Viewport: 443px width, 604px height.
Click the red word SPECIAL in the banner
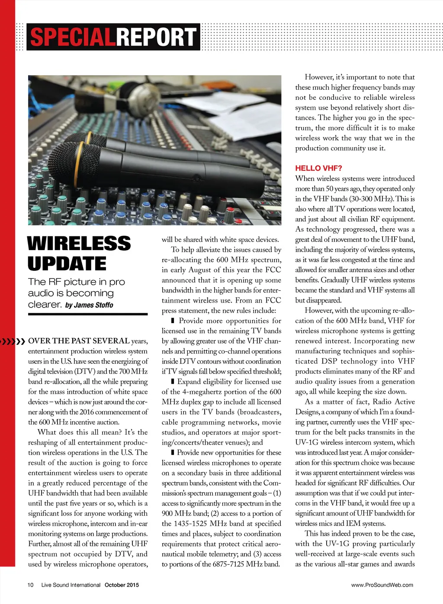pos(72,37)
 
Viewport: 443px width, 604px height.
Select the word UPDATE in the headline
pos(67,264)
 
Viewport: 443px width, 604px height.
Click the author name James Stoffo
pos(93,305)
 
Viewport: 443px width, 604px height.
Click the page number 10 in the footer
pos(30,585)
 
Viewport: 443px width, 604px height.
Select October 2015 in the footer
pos(122,585)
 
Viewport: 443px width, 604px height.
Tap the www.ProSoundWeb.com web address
pos(382,585)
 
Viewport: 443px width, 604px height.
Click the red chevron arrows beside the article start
pos(13,342)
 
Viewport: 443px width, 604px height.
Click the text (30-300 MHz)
pos(371,199)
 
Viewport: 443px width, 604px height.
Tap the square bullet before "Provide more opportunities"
pos(173,321)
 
